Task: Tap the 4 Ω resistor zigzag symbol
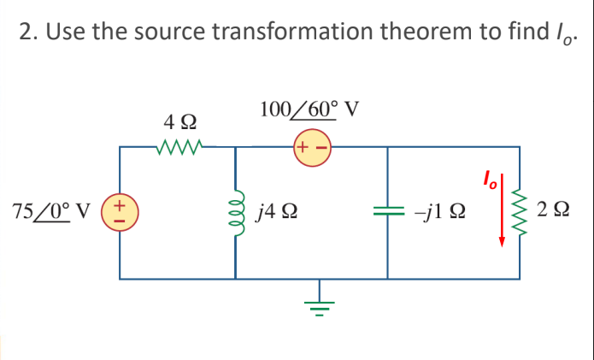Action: tap(180, 147)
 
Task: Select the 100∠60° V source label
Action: tap(309, 109)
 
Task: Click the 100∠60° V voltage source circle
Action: tap(312, 146)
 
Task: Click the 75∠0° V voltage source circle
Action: tap(120, 211)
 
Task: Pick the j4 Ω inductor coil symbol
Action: tap(236, 211)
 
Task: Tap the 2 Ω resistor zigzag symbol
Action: tap(518, 211)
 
